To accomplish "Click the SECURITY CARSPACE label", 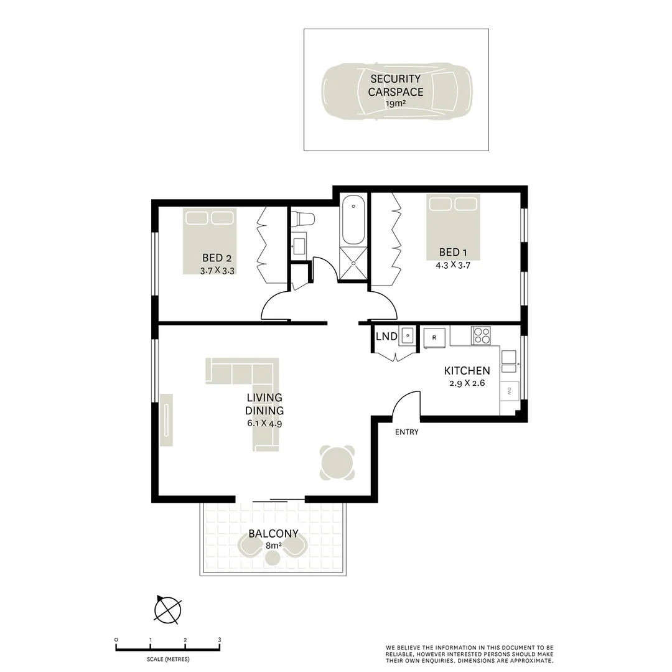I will click(395, 85).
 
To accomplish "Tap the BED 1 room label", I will click(452, 252).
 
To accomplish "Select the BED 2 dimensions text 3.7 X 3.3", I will click(217, 271).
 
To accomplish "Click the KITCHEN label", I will click(466, 371).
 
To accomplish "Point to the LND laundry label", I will click(386, 337).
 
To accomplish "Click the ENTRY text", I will click(407, 432).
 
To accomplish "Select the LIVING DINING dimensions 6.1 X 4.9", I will click(264, 423).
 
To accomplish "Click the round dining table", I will click(337, 463).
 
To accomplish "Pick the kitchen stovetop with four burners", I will click(481, 335).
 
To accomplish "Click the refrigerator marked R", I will click(434, 337).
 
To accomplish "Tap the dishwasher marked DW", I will click(509, 391).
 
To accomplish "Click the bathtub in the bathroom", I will click(353, 220).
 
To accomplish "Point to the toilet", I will click(304, 219).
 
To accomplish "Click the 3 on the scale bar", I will click(220, 639).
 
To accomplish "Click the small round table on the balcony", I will click(273, 558).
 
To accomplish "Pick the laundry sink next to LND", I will click(407, 336).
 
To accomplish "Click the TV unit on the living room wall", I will click(167, 420).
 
